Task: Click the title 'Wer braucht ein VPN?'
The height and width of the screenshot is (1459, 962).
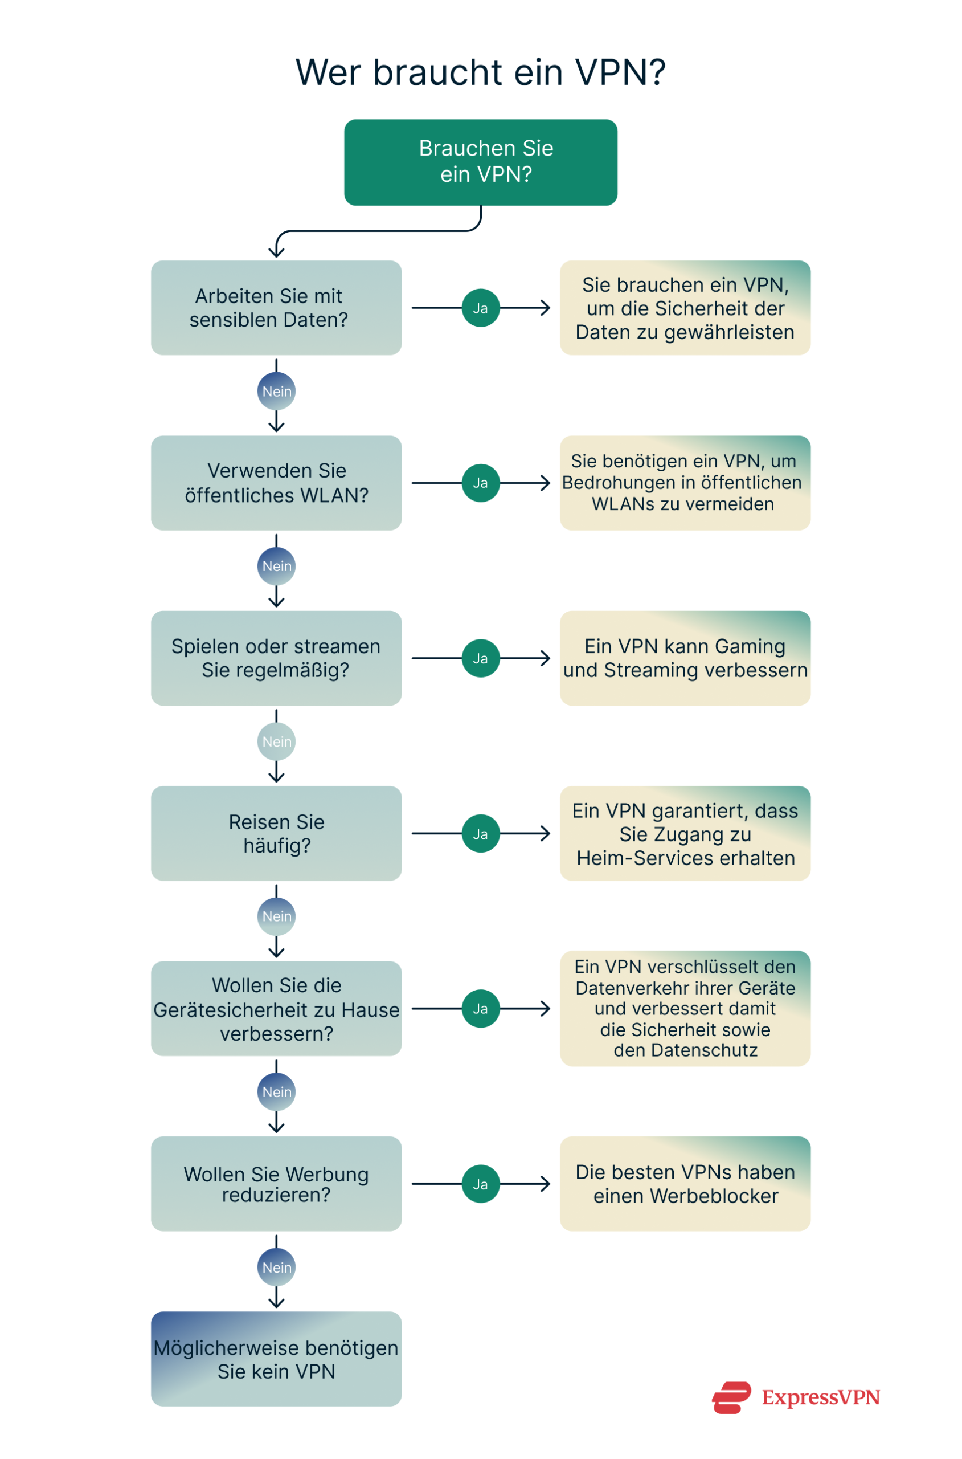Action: point(480,72)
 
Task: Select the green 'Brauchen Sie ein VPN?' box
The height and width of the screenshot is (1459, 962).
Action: point(480,162)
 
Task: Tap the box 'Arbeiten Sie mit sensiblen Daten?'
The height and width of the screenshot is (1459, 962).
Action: point(276,308)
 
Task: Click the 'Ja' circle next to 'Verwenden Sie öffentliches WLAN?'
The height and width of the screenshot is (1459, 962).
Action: point(480,483)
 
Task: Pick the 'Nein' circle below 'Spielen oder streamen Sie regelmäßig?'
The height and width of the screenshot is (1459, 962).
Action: point(276,741)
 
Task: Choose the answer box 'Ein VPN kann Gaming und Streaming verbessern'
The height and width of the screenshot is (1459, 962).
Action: point(685,658)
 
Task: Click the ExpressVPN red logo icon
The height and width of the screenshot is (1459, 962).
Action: point(731,1397)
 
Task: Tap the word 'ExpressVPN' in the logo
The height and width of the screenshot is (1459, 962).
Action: point(820,1397)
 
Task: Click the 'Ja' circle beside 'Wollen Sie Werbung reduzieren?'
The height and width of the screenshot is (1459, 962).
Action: point(480,1184)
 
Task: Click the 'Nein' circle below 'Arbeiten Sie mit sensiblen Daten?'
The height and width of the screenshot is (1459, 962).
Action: point(276,391)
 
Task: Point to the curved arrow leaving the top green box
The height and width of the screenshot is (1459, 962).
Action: point(380,231)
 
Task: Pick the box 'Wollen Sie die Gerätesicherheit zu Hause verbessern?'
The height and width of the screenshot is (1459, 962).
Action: point(276,1008)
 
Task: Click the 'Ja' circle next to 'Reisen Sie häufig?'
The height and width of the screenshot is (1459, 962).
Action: point(480,834)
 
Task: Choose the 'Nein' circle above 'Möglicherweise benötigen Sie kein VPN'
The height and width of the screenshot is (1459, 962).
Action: point(276,1267)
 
